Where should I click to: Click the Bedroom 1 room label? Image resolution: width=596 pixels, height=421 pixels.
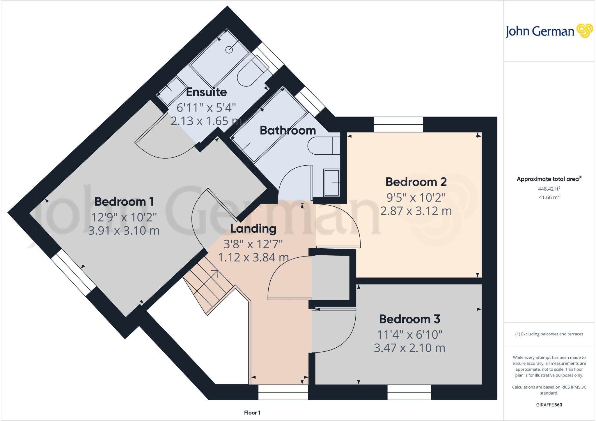coord(124,201)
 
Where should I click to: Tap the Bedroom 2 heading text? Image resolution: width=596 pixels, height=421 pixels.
coord(416,182)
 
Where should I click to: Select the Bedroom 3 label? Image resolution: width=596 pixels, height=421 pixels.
coord(409,319)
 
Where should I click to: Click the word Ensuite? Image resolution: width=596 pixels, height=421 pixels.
coord(206,92)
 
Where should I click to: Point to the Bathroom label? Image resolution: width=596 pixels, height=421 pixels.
coord(288,130)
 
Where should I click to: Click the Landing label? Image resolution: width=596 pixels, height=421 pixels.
coord(253,229)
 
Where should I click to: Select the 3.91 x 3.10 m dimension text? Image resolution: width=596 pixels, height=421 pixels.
coord(124,231)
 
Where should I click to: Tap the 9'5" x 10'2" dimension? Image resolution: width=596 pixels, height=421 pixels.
coord(416,198)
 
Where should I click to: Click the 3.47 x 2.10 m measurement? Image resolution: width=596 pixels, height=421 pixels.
coord(409,348)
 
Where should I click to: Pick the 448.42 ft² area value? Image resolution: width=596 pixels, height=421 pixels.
coord(549,189)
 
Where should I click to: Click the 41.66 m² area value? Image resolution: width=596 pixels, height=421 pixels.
coord(549,197)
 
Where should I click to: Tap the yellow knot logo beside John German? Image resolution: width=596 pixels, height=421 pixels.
coord(584,31)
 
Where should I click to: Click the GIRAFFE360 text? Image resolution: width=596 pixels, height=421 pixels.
coord(549,405)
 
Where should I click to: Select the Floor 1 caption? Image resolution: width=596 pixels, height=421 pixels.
coord(252,413)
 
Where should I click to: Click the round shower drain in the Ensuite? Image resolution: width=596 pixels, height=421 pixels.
coord(229,50)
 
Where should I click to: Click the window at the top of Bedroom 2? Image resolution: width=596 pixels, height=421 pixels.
coord(398,124)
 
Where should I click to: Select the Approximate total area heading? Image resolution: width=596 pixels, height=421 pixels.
coord(549,179)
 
